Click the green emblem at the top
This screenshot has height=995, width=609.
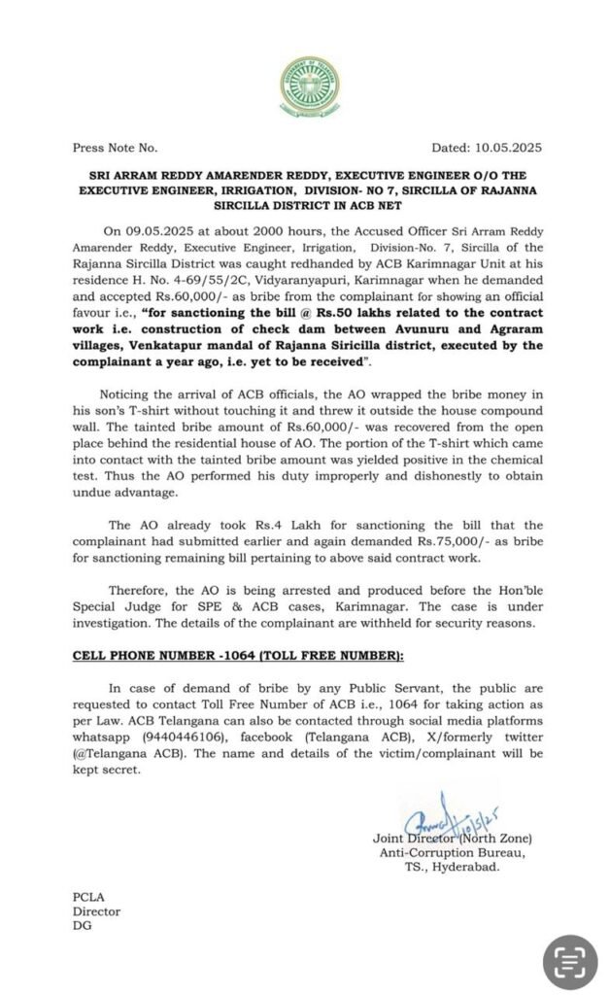303,84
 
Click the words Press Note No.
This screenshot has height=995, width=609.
115,149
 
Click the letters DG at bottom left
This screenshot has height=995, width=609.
82,928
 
